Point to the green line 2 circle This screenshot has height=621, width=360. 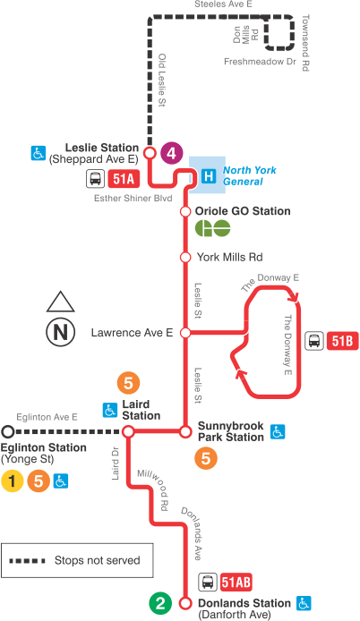tap(161, 603)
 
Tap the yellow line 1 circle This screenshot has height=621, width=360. tap(12, 481)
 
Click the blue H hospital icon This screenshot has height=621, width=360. tap(209, 176)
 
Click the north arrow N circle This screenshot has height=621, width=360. tap(60, 332)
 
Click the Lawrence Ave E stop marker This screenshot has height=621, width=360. tap(185, 333)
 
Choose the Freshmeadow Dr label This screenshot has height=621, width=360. tap(260, 62)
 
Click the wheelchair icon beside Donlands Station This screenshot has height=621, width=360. tap(304, 602)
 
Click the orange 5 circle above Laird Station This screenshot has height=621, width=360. tap(129, 384)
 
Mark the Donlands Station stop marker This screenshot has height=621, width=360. tap(185, 602)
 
